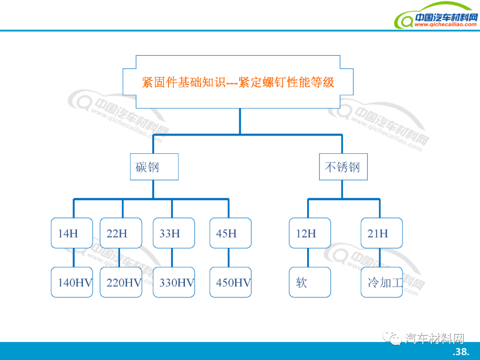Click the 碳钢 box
[x=154, y=167]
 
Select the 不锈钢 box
[x=343, y=167]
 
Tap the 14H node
[x=72, y=233]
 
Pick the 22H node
[x=121, y=233]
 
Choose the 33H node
[x=174, y=233]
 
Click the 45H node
[x=230, y=233]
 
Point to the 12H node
[x=310, y=233]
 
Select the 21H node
[x=381, y=233]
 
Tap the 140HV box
[x=72, y=282]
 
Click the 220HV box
[x=121, y=282]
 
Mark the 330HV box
[x=174, y=282]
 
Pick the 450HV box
[x=230, y=282]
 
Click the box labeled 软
[x=310, y=282]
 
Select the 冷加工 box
[x=381, y=282]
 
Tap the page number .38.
[x=461, y=352]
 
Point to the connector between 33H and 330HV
[x=172, y=257]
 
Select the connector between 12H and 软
[x=308, y=257]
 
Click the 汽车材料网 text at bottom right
[x=435, y=339]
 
